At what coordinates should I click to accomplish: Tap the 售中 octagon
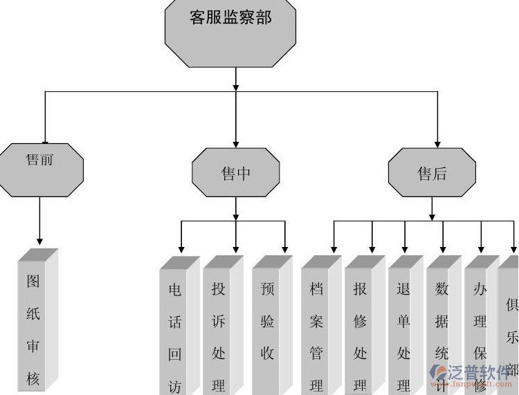point(236,173)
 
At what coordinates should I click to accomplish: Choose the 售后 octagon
point(432,173)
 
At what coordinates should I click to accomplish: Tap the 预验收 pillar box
point(267,325)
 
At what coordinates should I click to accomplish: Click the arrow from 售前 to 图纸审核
point(39,221)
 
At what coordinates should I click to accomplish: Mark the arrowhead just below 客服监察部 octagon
point(236,86)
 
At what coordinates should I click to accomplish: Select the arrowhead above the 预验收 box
point(284,249)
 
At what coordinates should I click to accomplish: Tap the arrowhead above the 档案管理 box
point(334,249)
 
